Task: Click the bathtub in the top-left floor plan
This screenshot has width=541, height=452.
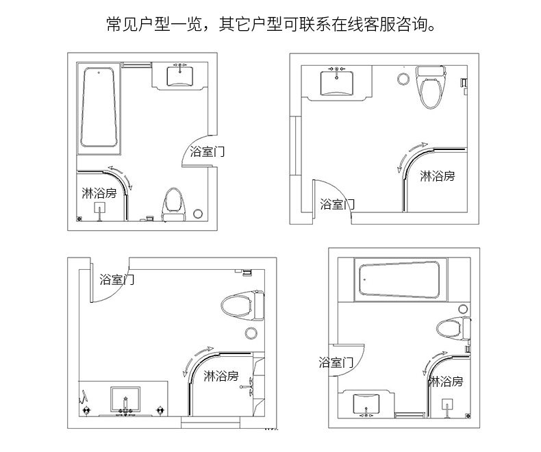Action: [x=99, y=108]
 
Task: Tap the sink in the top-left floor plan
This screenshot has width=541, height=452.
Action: [x=179, y=76]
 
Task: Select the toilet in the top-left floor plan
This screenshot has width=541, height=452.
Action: [x=173, y=205]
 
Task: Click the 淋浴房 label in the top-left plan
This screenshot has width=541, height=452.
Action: [x=99, y=193]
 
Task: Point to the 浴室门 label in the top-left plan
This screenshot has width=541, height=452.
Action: [x=207, y=151]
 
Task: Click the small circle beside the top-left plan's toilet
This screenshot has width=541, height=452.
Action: [x=198, y=214]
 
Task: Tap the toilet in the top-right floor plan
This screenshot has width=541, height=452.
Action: [x=431, y=87]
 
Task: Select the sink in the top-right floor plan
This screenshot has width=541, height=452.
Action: [x=336, y=81]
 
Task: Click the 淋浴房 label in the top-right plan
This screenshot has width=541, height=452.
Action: [x=438, y=176]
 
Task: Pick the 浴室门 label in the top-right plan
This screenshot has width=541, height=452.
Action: [x=337, y=204]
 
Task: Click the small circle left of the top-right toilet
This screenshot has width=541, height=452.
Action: [x=403, y=79]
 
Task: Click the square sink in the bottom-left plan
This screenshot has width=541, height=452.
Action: [x=125, y=400]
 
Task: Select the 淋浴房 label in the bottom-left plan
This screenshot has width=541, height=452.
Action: [x=221, y=376]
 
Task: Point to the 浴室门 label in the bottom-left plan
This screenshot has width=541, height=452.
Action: [x=117, y=279]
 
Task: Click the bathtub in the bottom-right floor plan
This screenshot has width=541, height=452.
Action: [x=399, y=280]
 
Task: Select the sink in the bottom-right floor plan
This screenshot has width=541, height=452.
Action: [x=366, y=404]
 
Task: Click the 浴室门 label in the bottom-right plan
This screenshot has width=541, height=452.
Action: [x=336, y=362]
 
